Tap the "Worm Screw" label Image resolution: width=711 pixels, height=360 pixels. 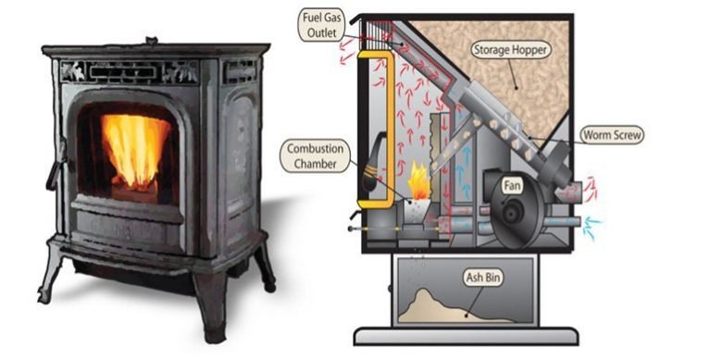coord(611,134)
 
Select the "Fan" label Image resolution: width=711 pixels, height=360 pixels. coord(510,185)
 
